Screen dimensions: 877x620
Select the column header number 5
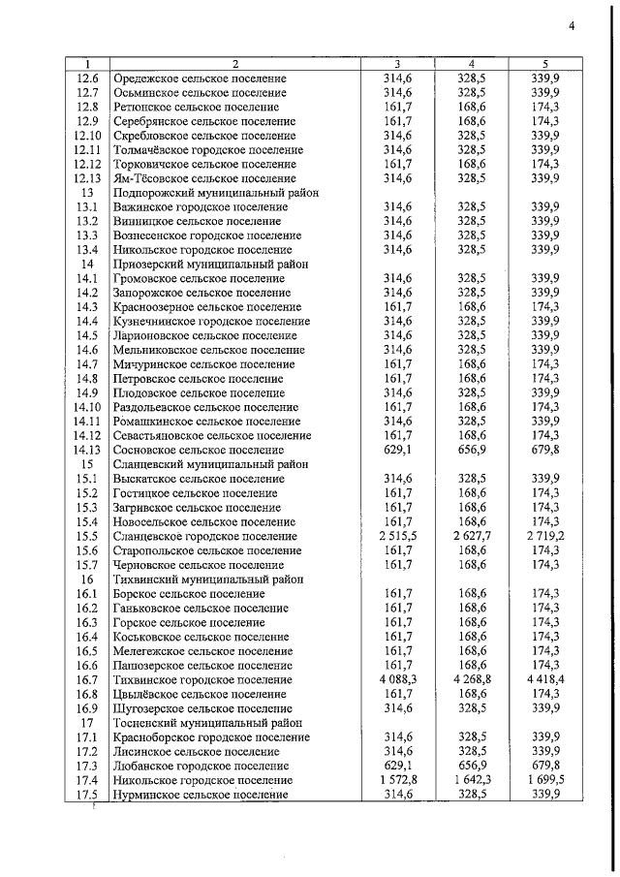[x=547, y=63]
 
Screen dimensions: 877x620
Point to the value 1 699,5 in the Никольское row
[x=547, y=780]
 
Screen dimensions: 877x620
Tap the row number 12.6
[x=87, y=78]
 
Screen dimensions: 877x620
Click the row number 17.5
[x=87, y=795]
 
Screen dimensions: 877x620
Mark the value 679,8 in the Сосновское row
[x=547, y=450]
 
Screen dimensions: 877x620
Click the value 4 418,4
[x=547, y=679]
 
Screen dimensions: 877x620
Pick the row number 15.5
[x=87, y=536]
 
